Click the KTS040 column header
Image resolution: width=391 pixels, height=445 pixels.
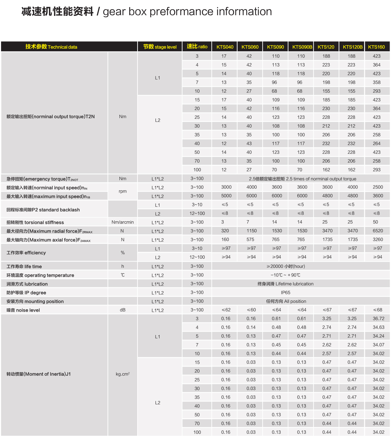[225, 47]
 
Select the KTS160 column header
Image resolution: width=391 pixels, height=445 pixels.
[377, 47]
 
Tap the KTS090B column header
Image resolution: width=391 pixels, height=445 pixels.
[302, 47]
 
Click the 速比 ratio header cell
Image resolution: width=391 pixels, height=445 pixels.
[197, 47]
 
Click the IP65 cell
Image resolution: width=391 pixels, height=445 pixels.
[286, 293]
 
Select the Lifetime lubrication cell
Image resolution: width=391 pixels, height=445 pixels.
[286, 284]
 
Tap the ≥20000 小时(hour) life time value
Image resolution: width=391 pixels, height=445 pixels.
[286, 267]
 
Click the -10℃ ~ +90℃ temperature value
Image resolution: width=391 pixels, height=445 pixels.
[286, 275]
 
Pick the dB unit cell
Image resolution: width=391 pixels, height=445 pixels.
[123, 310]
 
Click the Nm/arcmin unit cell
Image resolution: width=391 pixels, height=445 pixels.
[123, 222]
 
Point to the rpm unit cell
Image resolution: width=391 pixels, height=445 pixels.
[123, 191]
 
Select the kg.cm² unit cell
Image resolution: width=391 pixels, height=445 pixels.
[123, 374]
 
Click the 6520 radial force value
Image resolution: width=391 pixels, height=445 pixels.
[378, 231]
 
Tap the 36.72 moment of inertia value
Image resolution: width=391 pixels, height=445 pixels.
[378, 318]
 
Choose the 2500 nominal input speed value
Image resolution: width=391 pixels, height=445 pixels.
[378, 187]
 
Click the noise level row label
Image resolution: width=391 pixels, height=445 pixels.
[23, 310]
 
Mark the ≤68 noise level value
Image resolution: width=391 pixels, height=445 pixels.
[378, 310]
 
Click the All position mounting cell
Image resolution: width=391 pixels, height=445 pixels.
[286, 301]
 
